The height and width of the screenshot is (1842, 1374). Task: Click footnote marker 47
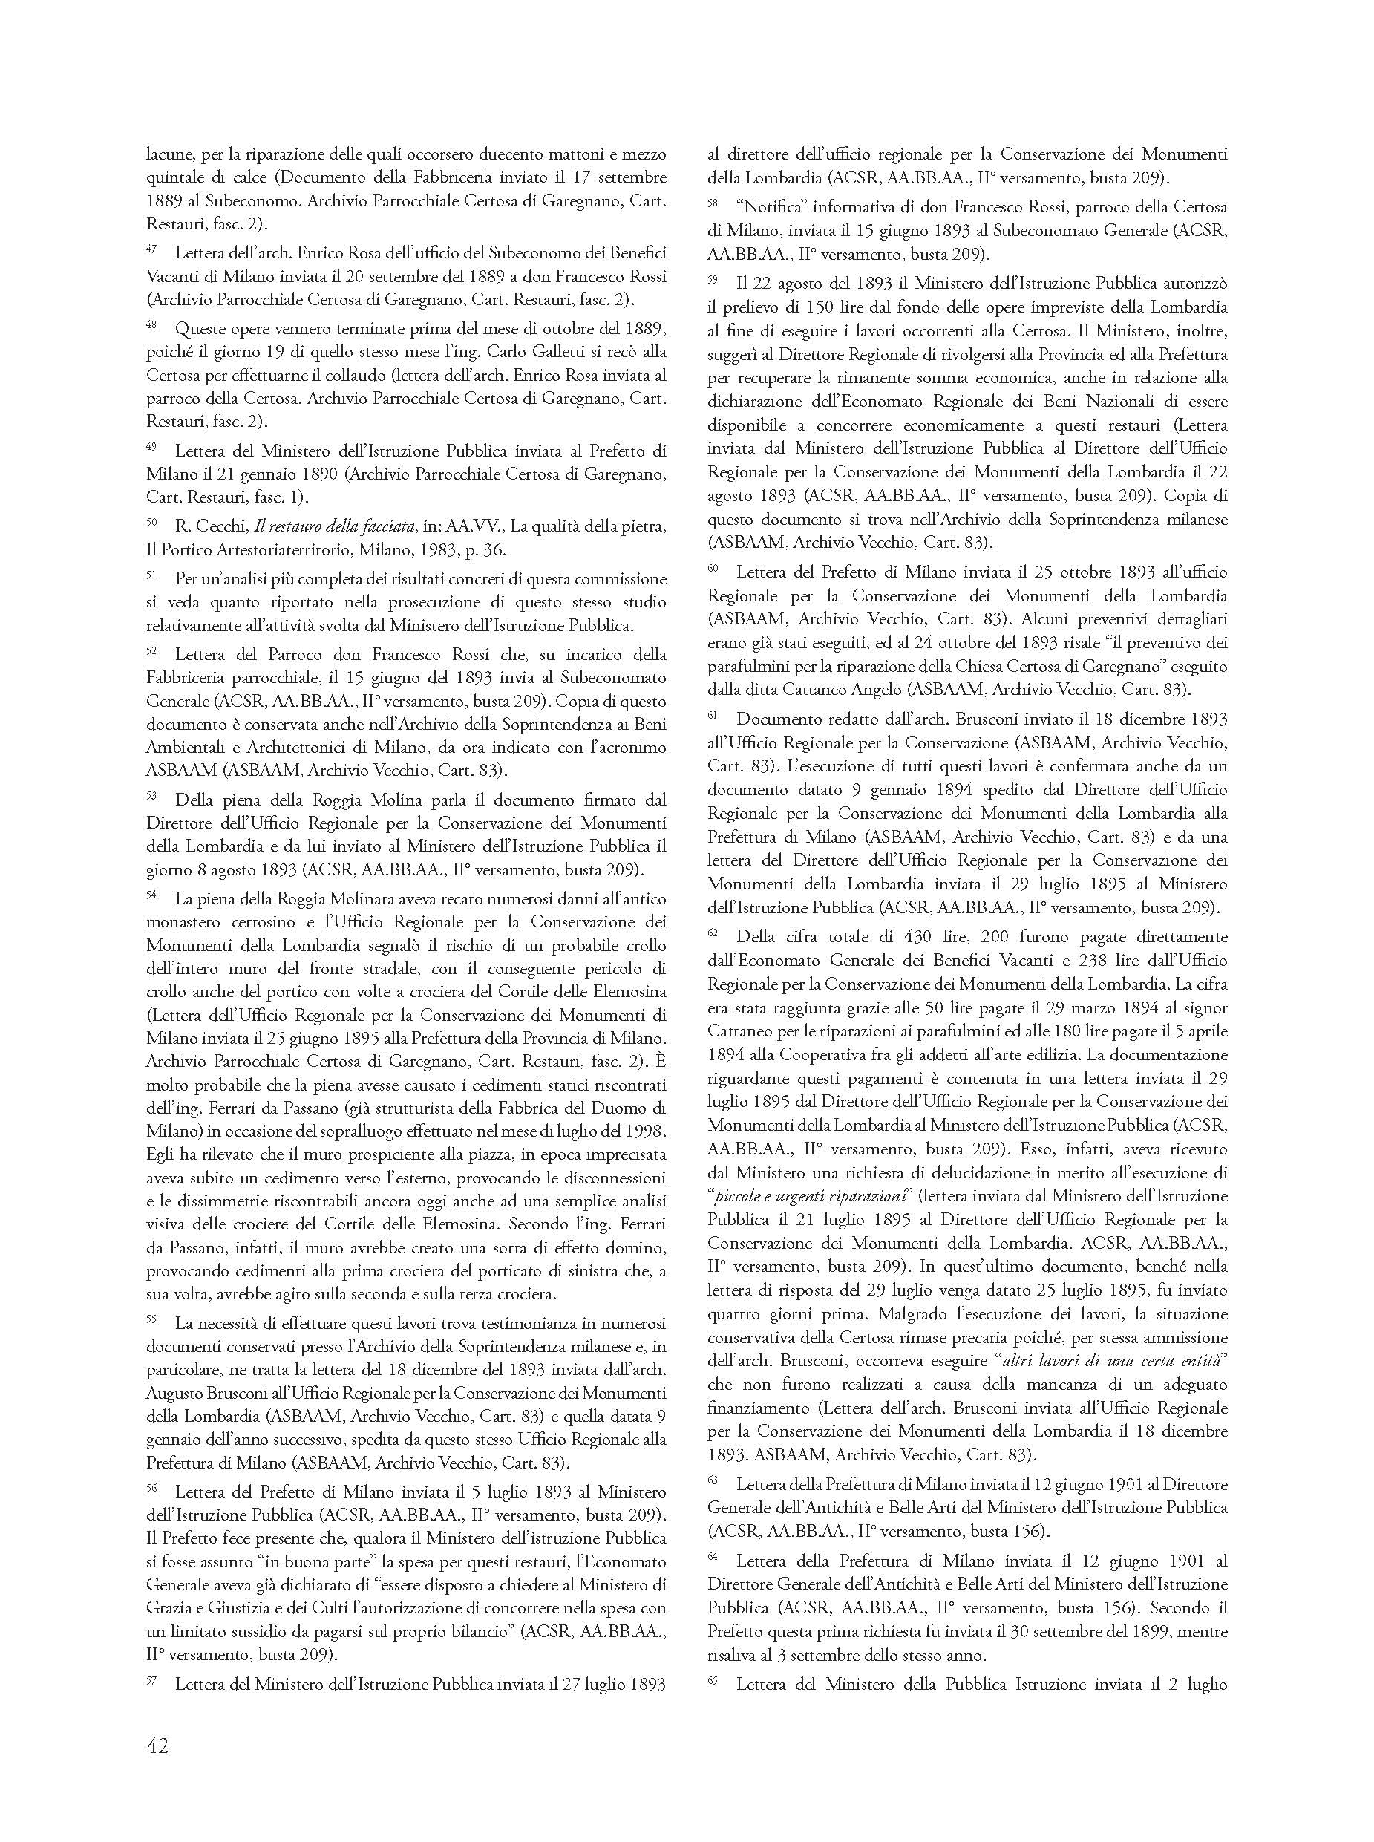click(151, 248)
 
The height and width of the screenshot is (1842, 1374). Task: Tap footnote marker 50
click(151, 522)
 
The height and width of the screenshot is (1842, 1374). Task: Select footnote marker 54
click(151, 895)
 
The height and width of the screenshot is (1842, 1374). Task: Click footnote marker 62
click(712, 933)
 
